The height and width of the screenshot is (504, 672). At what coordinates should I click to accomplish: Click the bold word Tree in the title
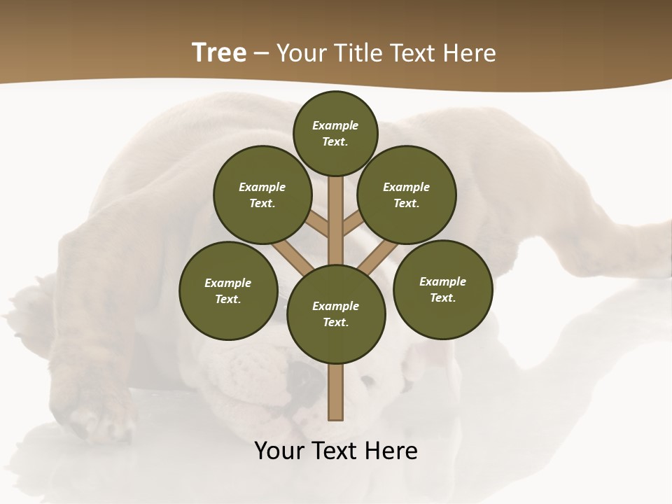click(219, 53)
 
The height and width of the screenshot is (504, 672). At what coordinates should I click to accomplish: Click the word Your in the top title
click(302, 53)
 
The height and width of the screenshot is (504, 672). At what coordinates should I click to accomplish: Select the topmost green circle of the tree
click(335, 133)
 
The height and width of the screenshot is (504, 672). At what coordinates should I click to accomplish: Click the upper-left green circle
click(262, 195)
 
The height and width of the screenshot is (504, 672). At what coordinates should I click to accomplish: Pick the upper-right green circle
click(406, 195)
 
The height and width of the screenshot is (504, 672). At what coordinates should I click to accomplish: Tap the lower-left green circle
click(228, 290)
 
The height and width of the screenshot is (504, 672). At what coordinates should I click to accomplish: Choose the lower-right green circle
click(442, 289)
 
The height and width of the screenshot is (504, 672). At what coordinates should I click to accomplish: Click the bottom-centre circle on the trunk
click(336, 314)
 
